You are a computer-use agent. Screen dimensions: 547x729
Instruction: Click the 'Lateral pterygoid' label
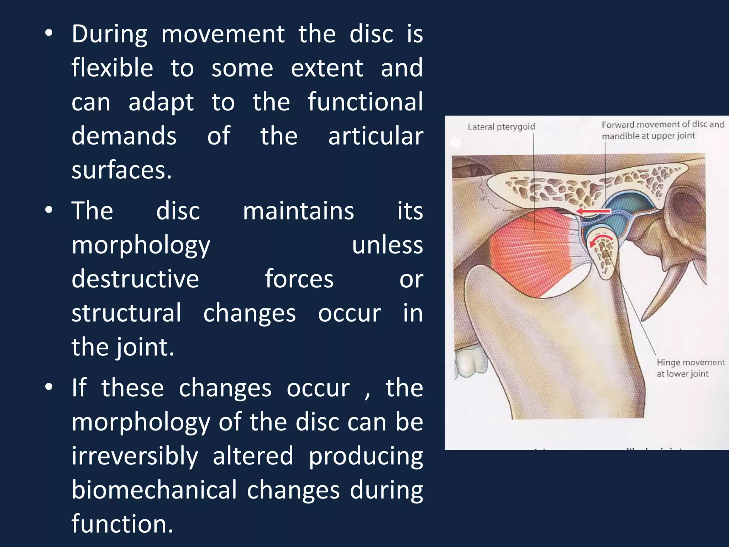(501, 127)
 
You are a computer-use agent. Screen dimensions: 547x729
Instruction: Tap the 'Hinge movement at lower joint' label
(690, 368)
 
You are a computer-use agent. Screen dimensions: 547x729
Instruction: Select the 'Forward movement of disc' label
(662, 130)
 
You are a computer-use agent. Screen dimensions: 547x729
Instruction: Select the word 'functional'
(365, 102)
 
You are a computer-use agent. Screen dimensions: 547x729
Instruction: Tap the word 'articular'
(376, 136)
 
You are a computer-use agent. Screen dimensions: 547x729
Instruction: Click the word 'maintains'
(298, 211)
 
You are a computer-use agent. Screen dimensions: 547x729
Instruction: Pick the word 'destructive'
(135, 279)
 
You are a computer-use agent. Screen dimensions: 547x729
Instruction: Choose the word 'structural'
(126, 313)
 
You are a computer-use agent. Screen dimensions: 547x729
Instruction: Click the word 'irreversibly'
(135, 456)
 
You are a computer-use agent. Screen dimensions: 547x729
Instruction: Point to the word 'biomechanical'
(154, 490)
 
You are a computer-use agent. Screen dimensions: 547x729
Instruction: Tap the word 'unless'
(387, 245)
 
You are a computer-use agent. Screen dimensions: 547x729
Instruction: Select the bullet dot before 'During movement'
(49, 33)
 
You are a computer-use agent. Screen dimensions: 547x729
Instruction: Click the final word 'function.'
(122, 524)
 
